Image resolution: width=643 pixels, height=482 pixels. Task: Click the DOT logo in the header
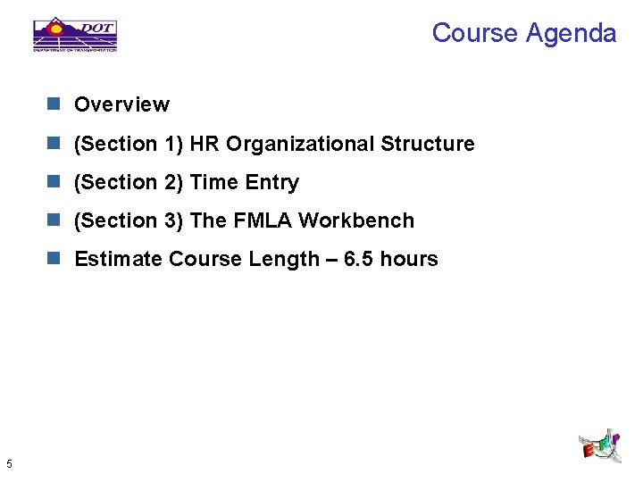coord(75,34)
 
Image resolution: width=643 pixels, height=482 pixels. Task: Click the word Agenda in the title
coord(571,33)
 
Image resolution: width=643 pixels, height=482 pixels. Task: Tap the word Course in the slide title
coord(474,33)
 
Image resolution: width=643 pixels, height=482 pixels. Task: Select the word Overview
coord(121,104)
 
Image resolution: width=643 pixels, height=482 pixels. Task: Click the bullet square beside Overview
coord(54,104)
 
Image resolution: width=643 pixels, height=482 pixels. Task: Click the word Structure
coord(428,144)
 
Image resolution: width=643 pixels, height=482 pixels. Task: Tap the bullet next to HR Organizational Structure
coord(54,144)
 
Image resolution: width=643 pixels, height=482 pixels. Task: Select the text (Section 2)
coord(129,182)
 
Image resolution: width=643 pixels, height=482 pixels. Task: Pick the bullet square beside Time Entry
coord(54,182)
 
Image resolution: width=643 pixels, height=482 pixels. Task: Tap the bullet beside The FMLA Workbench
coord(54,220)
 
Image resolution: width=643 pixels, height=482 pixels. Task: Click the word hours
coord(409,259)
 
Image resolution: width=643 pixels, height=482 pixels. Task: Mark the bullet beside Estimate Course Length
coord(54,259)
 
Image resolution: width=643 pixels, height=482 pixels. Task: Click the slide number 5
coord(8,463)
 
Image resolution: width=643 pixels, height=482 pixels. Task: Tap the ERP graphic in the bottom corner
coord(600,445)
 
